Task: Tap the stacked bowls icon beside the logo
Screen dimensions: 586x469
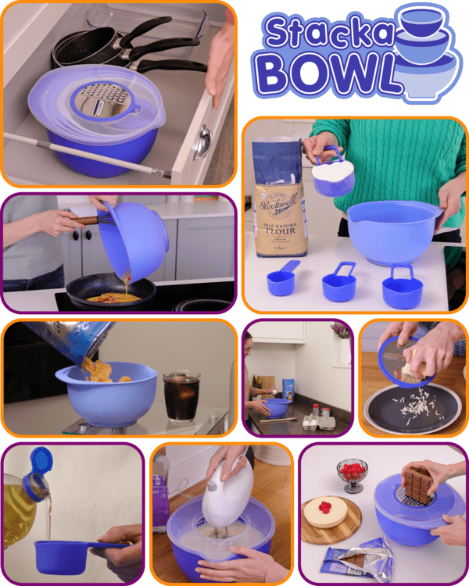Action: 427,47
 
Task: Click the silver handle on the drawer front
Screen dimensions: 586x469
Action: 202,141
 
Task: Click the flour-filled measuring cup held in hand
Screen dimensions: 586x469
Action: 334,175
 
